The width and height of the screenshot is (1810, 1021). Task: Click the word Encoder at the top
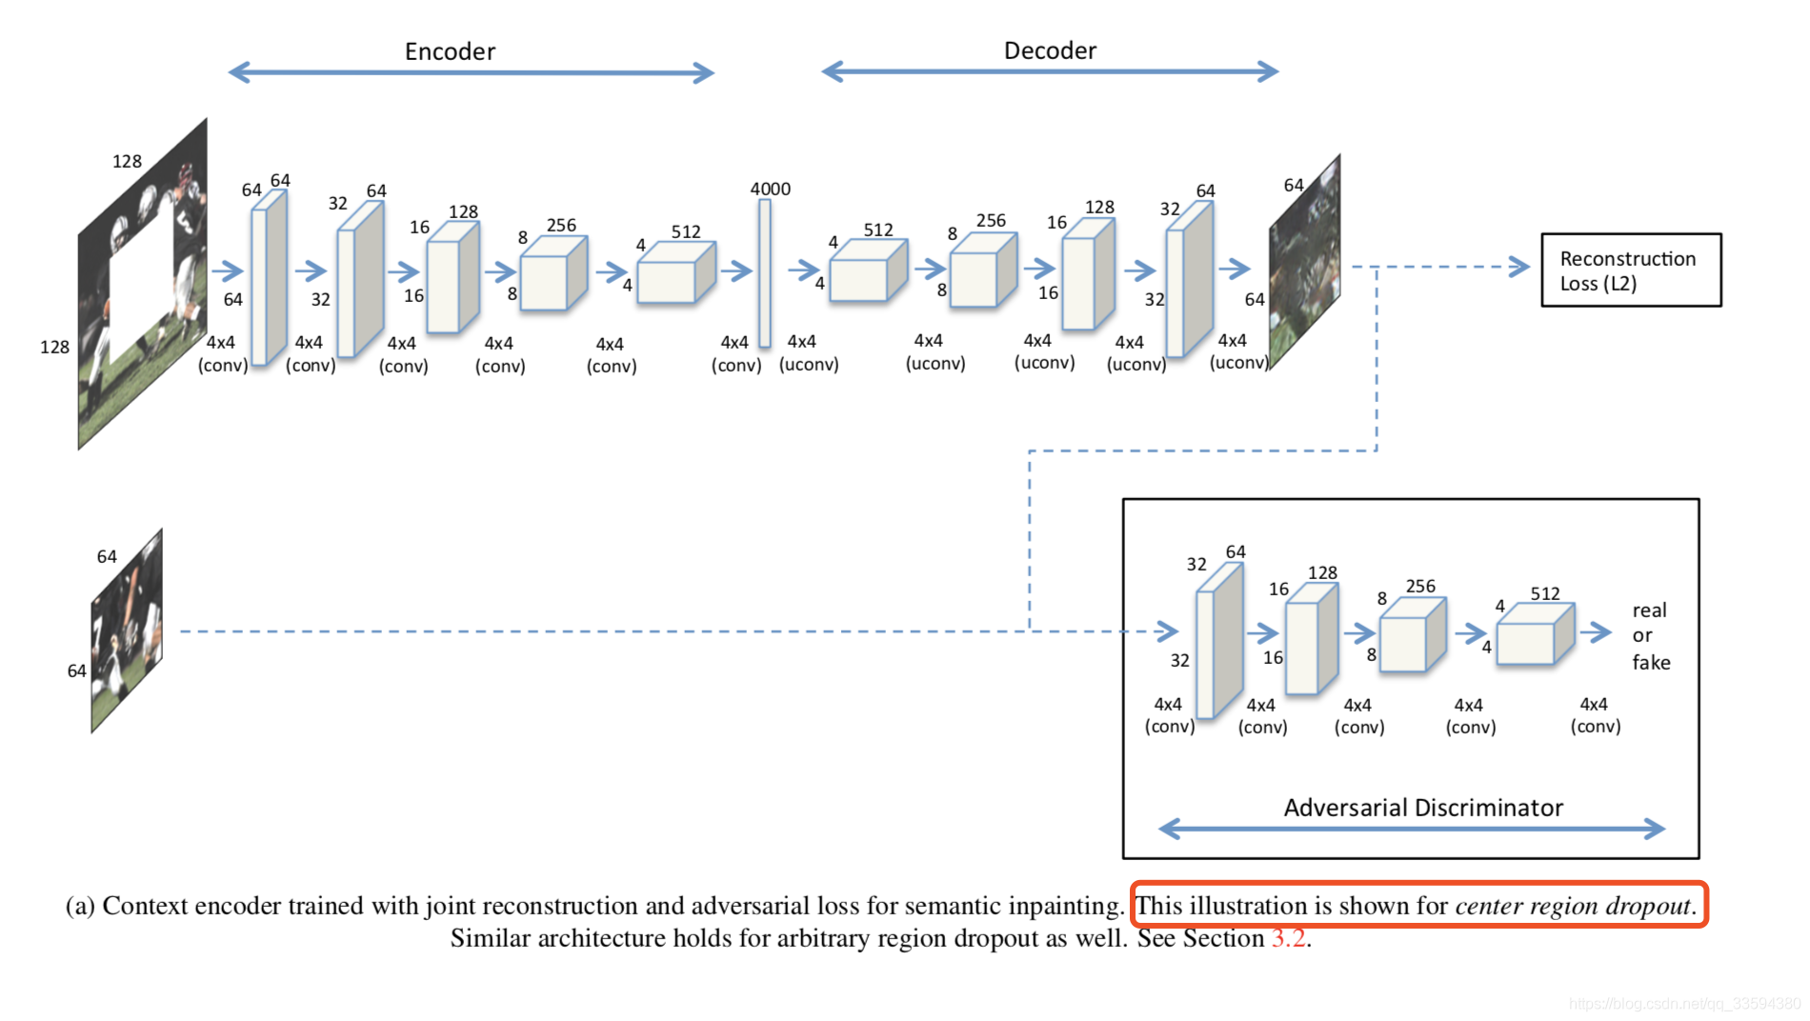pyautogui.click(x=450, y=51)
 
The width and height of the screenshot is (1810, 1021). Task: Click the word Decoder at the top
pyautogui.click(x=1050, y=50)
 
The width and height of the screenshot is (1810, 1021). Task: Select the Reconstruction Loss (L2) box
pyautogui.click(x=1630, y=270)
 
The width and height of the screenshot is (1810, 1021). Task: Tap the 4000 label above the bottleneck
pyautogui.click(x=770, y=189)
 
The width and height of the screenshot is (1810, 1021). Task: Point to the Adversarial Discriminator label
pyautogui.click(x=1423, y=808)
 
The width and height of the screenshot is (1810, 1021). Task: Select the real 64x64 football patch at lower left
pyautogui.click(x=127, y=631)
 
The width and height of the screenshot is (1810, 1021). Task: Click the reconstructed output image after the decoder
pyautogui.click(x=1305, y=261)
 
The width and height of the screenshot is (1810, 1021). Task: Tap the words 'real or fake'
pyautogui.click(x=1650, y=635)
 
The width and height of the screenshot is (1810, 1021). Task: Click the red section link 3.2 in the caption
pyautogui.click(x=1289, y=938)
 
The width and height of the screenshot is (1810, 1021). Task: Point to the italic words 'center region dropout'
pyautogui.click(x=1574, y=906)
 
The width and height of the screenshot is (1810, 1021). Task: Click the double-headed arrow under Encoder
pyautogui.click(x=471, y=72)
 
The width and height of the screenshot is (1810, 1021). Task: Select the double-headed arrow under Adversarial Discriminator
pyautogui.click(x=1411, y=829)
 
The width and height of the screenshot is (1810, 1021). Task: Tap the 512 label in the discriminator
pyautogui.click(x=1544, y=593)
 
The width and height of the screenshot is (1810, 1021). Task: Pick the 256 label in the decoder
pyautogui.click(x=990, y=220)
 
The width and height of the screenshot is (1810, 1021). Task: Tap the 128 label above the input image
pyautogui.click(x=127, y=161)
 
